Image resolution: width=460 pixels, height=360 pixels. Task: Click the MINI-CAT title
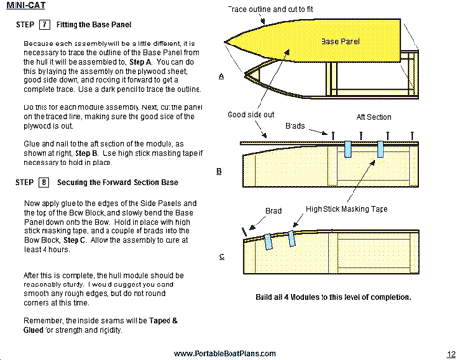25,6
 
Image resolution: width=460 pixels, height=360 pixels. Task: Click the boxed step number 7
45,25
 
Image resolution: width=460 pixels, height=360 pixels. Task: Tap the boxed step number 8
44,182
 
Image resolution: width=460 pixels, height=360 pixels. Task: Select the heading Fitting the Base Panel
94,25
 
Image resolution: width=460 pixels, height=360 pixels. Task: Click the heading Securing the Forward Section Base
118,182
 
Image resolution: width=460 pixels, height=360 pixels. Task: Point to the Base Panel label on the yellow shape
340,41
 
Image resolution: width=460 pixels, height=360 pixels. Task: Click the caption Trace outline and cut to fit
270,9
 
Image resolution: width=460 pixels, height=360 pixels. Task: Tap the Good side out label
251,115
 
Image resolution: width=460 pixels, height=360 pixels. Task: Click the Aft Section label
374,117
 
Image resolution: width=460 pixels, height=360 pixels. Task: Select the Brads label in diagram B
294,126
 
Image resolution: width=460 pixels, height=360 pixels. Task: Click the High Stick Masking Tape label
347,209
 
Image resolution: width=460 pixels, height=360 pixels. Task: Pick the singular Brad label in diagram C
273,211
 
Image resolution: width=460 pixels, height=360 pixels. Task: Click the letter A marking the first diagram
221,76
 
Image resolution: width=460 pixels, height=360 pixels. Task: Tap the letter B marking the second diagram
219,171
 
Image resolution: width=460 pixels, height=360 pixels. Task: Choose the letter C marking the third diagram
222,256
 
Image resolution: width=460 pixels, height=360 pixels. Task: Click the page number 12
451,354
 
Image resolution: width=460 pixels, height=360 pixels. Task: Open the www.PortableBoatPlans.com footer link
225,354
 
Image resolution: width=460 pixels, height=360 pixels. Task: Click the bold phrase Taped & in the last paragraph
164,321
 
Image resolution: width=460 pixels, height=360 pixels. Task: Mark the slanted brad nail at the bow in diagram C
244,232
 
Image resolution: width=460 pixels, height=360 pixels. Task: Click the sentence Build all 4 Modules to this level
333,297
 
